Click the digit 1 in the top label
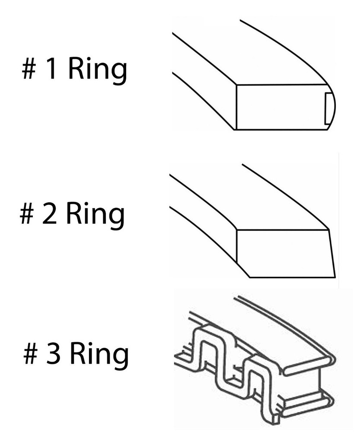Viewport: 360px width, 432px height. [51, 70]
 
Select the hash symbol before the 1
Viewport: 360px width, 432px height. [29, 71]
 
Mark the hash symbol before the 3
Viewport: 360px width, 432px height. [30, 355]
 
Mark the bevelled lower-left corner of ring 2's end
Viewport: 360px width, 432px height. [242, 268]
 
